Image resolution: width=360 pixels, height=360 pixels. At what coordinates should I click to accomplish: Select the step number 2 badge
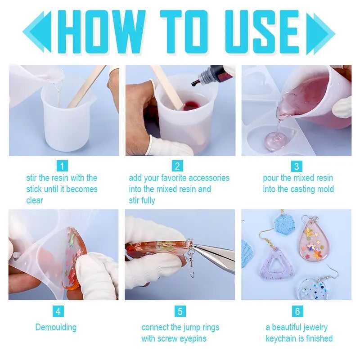pos(178,166)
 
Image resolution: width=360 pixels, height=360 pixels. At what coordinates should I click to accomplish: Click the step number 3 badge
pos(296,166)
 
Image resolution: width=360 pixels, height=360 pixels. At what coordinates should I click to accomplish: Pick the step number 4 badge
pos(58,311)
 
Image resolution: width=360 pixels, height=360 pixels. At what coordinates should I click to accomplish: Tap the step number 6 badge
pos(297,311)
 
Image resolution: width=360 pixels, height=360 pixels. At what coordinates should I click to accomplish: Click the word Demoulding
pos(56,327)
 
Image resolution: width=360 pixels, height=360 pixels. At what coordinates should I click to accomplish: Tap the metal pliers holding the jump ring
pos(216,256)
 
